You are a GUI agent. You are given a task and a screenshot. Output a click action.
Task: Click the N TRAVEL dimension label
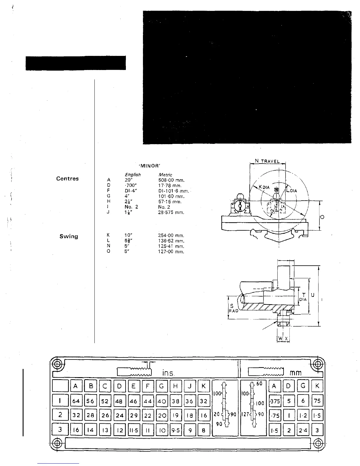tap(267, 162)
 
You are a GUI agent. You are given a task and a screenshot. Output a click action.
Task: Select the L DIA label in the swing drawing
tap(292, 190)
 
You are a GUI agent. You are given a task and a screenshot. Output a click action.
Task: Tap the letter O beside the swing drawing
tap(322, 217)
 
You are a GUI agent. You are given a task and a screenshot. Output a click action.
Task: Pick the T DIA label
tap(303, 297)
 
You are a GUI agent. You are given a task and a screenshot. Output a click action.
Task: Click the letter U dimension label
tap(313, 295)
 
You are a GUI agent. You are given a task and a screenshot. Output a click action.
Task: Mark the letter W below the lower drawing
tap(280, 339)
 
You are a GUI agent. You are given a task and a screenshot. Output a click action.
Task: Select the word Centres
tap(67, 179)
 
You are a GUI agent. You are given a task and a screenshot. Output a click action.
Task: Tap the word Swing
tap(69, 236)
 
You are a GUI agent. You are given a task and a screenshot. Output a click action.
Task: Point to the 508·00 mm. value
tap(171, 180)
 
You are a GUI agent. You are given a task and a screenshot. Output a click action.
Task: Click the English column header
tap(133, 175)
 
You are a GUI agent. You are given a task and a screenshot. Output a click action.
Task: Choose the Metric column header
tap(165, 175)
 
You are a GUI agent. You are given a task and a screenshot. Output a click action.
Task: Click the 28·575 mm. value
tap(171, 212)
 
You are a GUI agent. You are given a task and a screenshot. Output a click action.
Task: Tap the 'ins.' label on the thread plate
tap(169, 373)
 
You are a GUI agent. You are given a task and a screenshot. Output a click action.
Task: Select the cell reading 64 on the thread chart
tap(76, 401)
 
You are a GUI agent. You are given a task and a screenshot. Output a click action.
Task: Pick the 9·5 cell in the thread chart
tap(176, 430)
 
